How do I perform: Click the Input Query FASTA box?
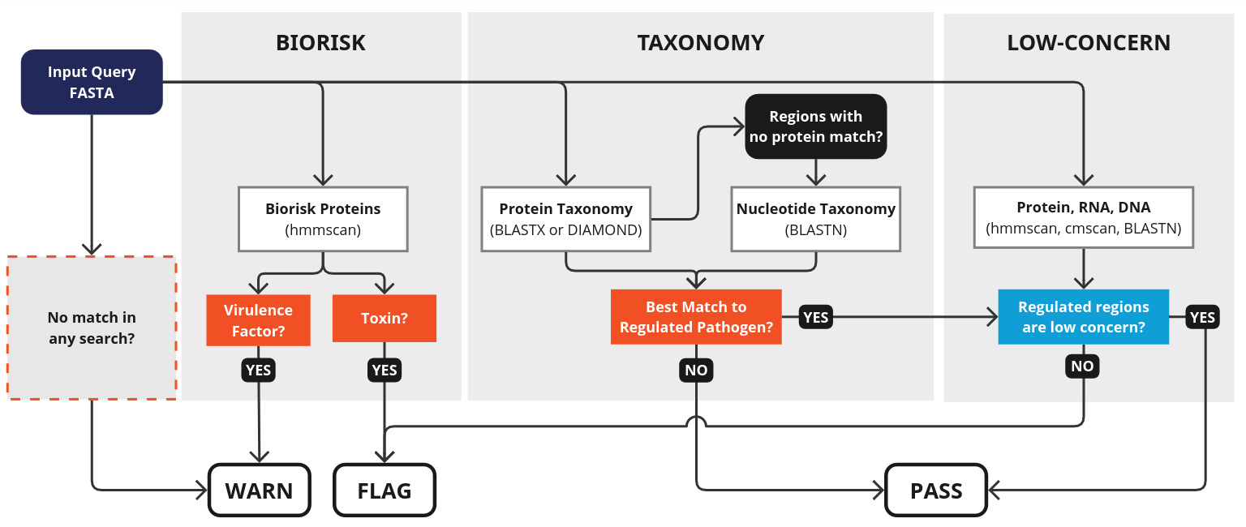tap(92, 82)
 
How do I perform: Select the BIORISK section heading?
tap(320, 43)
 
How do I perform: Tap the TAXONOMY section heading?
tap(700, 43)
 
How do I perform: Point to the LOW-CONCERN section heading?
tap(1089, 43)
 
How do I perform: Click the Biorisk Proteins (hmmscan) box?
tap(323, 219)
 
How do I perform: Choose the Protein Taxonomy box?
tap(565, 219)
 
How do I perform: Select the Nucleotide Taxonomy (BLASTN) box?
tap(815, 219)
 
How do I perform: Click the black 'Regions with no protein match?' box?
tap(815, 126)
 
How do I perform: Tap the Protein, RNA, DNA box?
tap(1083, 217)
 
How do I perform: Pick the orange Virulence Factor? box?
tap(258, 320)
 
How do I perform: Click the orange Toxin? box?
tap(384, 318)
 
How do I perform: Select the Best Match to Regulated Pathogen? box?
tap(696, 317)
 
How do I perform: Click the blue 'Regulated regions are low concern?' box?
tap(1083, 317)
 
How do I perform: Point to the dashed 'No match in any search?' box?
tap(92, 328)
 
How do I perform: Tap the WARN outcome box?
tap(259, 490)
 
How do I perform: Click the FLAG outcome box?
tap(385, 490)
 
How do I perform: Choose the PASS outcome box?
tap(935, 490)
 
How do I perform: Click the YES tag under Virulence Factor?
tap(258, 370)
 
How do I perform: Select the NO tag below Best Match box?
tap(696, 370)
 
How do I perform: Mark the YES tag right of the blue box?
tap(1202, 317)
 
